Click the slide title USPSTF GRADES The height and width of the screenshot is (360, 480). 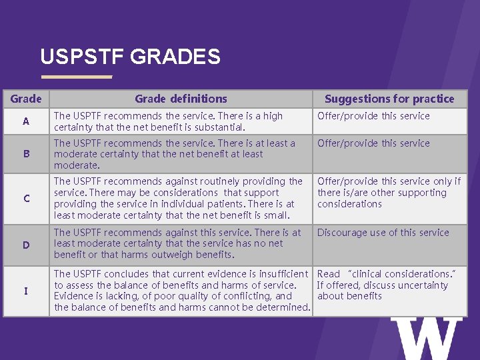(x=130, y=57)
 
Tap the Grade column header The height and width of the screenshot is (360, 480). (x=26, y=99)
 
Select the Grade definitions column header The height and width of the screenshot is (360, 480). (x=181, y=99)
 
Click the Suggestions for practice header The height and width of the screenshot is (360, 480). (x=389, y=99)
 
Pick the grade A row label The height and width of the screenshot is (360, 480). (x=26, y=121)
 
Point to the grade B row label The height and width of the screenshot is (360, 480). (x=26, y=154)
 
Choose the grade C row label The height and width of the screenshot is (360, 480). (x=26, y=199)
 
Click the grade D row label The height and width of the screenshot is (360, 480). (x=26, y=245)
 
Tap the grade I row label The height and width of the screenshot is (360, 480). (x=26, y=291)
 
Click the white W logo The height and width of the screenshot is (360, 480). (x=426, y=339)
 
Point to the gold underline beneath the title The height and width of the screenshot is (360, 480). (x=76, y=77)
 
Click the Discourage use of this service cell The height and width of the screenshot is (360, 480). (x=383, y=233)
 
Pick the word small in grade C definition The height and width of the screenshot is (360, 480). (x=278, y=215)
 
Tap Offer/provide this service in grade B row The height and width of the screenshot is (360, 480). (x=373, y=143)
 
